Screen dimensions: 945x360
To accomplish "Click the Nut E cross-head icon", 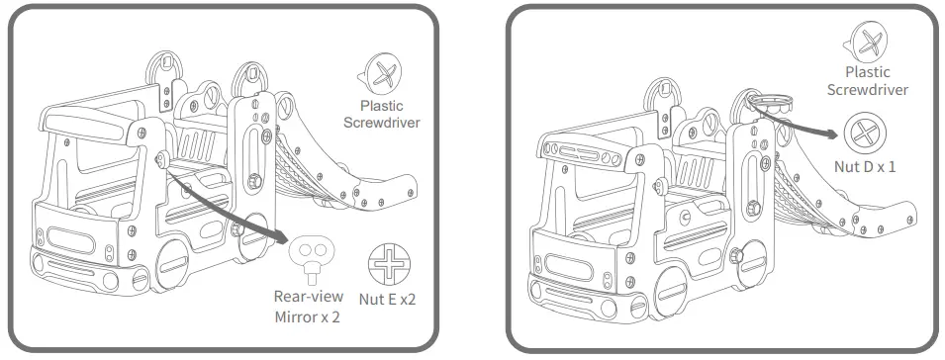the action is coord(389,265).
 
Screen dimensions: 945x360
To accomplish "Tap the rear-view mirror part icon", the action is coord(311,256).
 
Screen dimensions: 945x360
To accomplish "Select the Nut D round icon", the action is coord(865,135).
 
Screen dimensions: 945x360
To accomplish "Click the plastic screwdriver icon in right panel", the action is coord(866,42).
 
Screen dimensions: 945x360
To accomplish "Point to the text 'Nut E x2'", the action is coord(388,299).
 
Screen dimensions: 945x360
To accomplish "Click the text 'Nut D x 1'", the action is coord(865,167).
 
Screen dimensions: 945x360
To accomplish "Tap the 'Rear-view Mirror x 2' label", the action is coord(309,307).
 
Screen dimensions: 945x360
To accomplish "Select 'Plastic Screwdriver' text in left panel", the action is coord(382,114).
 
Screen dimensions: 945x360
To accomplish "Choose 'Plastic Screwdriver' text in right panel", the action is coord(867,81).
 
